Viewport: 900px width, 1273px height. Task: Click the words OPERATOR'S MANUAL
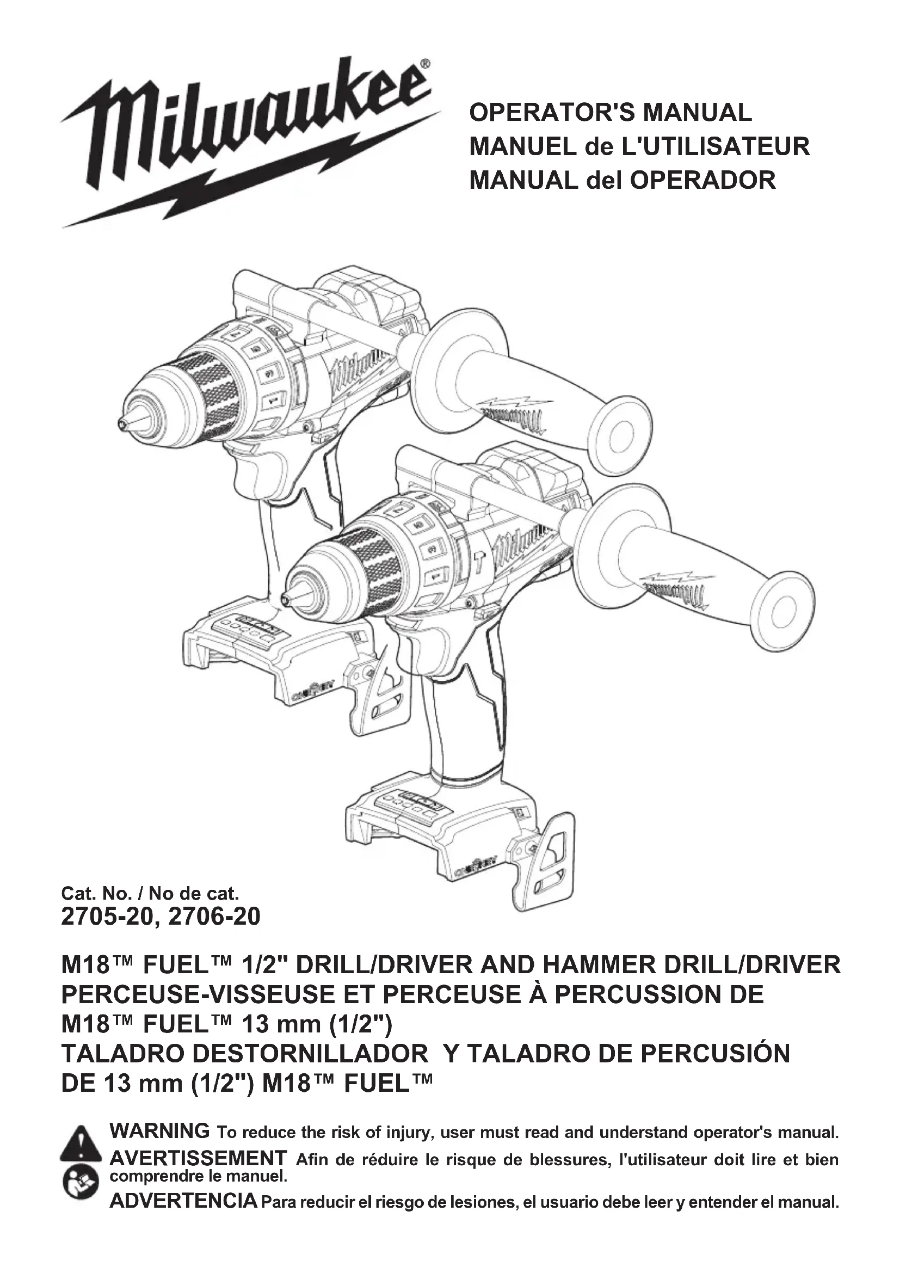pyautogui.click(x=610, y=113)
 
